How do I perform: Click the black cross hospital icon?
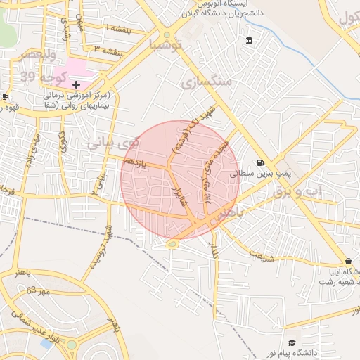76,84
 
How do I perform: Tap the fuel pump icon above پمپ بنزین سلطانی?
261,161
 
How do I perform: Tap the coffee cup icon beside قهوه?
5,97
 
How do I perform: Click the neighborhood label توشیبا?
165,46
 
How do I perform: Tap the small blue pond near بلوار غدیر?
48,344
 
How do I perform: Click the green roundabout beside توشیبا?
167,34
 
